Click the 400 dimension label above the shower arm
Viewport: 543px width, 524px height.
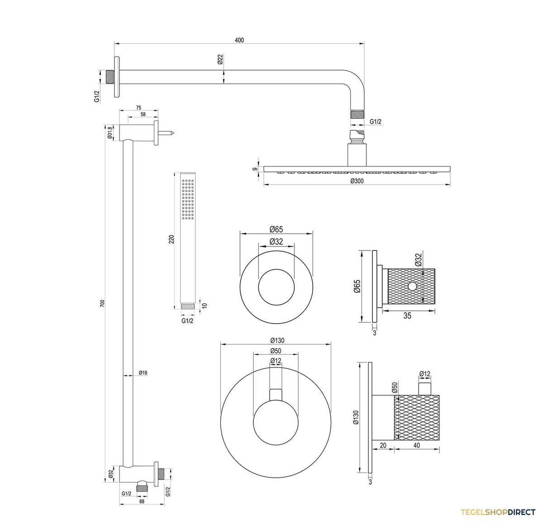click(x=239, y=40)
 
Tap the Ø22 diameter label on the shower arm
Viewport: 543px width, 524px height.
click(x=220, y=59)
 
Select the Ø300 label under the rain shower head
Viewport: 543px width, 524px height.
click(x=357, y=181)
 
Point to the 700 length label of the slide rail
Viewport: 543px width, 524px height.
click(x=102, y=303)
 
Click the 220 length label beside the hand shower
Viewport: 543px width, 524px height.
click(x=171, y=239)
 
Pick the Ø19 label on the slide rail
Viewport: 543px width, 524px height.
click(x=143, y=372)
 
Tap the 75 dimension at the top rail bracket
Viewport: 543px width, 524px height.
click(x=138, y=108)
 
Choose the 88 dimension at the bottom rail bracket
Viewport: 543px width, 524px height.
click(x=142, y=501)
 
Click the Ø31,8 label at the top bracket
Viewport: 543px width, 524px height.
click(x=110, y=133)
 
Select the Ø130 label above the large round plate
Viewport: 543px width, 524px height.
click(x=277, y=340)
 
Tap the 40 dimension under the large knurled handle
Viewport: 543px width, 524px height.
click(x=416, y=445)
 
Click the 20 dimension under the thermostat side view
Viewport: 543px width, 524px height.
click(x=383, y=445)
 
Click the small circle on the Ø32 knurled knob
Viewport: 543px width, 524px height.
click(x=412, y=286)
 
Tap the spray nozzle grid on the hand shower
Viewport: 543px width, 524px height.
click(x=188, y=199)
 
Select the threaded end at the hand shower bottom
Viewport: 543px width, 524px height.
click(x=188, y=306)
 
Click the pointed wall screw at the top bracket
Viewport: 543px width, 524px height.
click(x=167, y=133)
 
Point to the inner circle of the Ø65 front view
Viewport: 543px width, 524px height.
click(x=276, y=269)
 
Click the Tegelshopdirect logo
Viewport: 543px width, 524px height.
click(x=498, y=512)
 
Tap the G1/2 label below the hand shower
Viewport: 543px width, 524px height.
click(x=187, y=320)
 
